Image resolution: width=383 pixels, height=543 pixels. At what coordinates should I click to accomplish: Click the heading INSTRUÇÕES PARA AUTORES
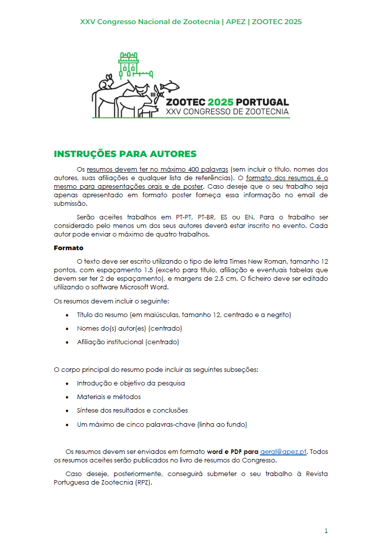(125, 154)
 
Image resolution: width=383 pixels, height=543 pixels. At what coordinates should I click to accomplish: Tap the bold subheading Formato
(68, 248)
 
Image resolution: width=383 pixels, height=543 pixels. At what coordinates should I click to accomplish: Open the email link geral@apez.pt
(283, 451)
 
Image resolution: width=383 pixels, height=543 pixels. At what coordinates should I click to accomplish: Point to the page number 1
(326, 531)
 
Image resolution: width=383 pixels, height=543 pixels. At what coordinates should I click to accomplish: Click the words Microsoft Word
(145, 287)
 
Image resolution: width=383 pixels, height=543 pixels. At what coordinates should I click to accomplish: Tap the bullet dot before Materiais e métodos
(68, 397)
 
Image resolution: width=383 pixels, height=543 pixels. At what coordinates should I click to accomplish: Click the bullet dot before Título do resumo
(68, 315)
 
